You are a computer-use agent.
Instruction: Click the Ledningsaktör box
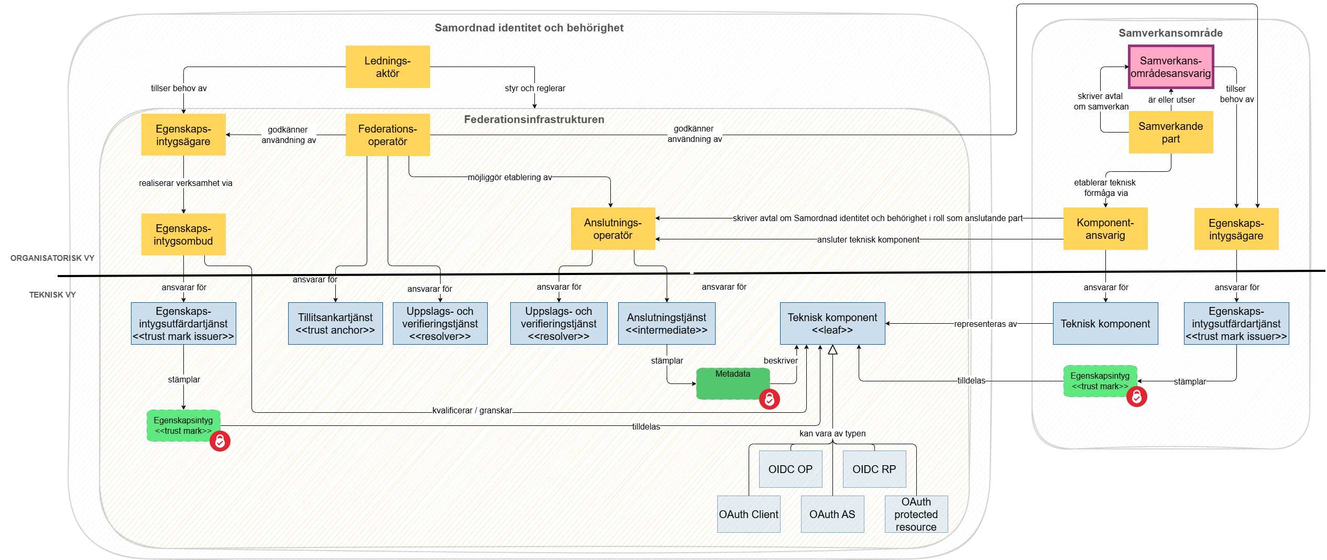click(388, 67)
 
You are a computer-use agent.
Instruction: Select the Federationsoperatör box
click(388, 135)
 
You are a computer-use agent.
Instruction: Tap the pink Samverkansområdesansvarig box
click(1170, 67)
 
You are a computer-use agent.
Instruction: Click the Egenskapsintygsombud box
click(183, 234)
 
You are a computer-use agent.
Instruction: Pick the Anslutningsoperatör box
click(612, 229)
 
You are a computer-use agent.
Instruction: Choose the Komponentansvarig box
click(1105, 229)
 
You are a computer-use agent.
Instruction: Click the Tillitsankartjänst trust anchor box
click(335, 323)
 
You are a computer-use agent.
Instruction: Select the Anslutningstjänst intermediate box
click(666, 323)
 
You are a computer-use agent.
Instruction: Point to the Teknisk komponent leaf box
click(832, 323)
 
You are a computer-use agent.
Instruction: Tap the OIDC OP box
click(790, 469)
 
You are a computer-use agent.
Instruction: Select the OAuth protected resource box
click(916, 514)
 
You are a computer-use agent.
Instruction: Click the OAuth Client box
click(748, 514)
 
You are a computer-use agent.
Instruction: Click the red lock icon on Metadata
click(769, 399)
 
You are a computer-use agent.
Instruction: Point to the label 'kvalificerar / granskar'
click(472, 410)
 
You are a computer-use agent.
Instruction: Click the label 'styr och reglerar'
click(535, 88)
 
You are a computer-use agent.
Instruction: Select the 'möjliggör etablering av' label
click(510, 177)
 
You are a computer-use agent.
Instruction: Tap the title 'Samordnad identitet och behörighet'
click(529, 28)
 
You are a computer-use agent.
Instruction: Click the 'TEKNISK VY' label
click(52, 294)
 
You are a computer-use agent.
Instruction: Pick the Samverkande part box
click(1170, 132)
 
